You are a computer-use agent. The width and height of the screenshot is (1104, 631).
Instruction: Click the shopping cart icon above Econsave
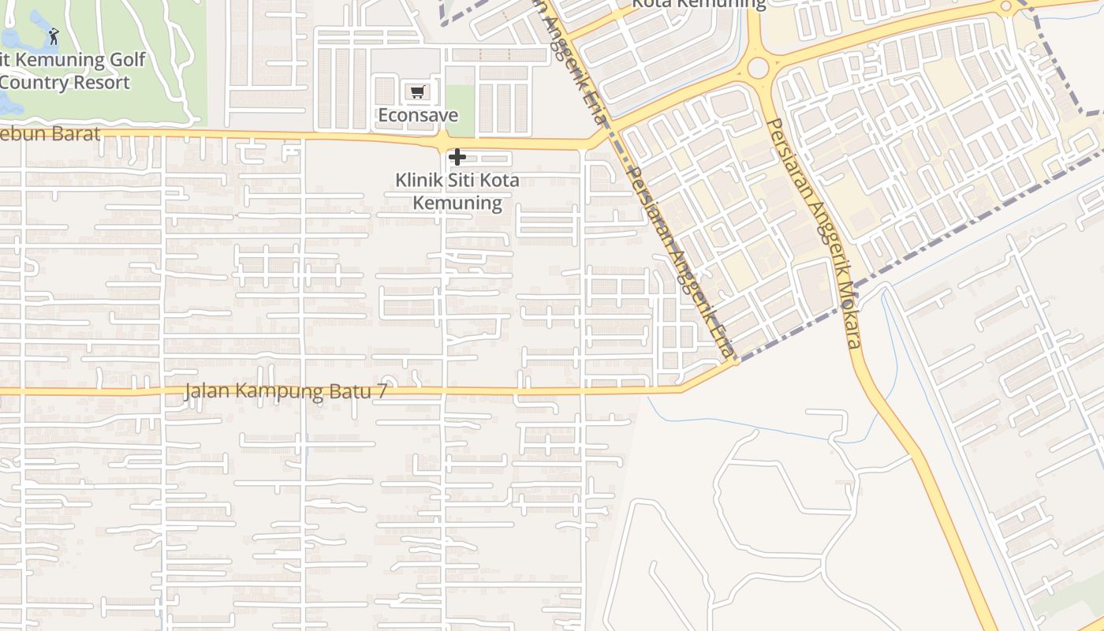click(x=417, y=92)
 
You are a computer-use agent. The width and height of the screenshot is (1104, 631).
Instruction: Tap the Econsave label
click(x=417, y=115)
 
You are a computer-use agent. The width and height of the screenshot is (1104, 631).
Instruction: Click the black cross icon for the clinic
click(x=457, y=157)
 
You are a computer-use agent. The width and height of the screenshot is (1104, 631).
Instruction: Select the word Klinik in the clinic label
click(x=419, y=181)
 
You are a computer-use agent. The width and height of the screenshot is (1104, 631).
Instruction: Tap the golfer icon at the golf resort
click(x=53, y=36)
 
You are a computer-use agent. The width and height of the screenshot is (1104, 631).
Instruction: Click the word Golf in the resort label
click(x=128, y=60)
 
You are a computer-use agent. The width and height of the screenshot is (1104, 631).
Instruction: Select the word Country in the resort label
click(x=32, y=82)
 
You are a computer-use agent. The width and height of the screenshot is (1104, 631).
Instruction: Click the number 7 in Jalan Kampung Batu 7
click(x=381, y=391)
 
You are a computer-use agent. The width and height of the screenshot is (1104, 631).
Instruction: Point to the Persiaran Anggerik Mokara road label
click(x=813, y=233)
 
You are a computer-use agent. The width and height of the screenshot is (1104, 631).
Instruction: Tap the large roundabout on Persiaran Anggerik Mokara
click(x=758, y=69)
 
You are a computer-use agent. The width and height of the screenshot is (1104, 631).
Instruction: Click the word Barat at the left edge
click(x=77, y=134)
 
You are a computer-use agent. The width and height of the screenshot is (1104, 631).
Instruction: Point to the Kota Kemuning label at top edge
click(x=698, y=4)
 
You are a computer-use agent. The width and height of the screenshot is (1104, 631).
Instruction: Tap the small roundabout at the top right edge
click(x=1005, y=7)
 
